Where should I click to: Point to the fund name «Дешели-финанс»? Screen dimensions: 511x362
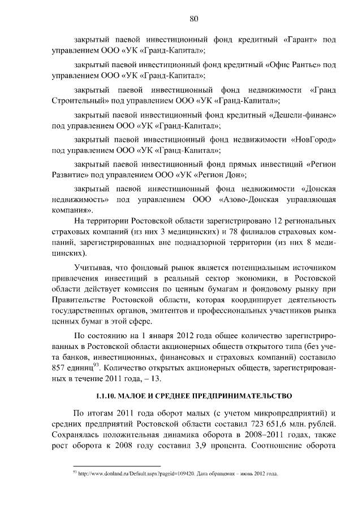305,115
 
